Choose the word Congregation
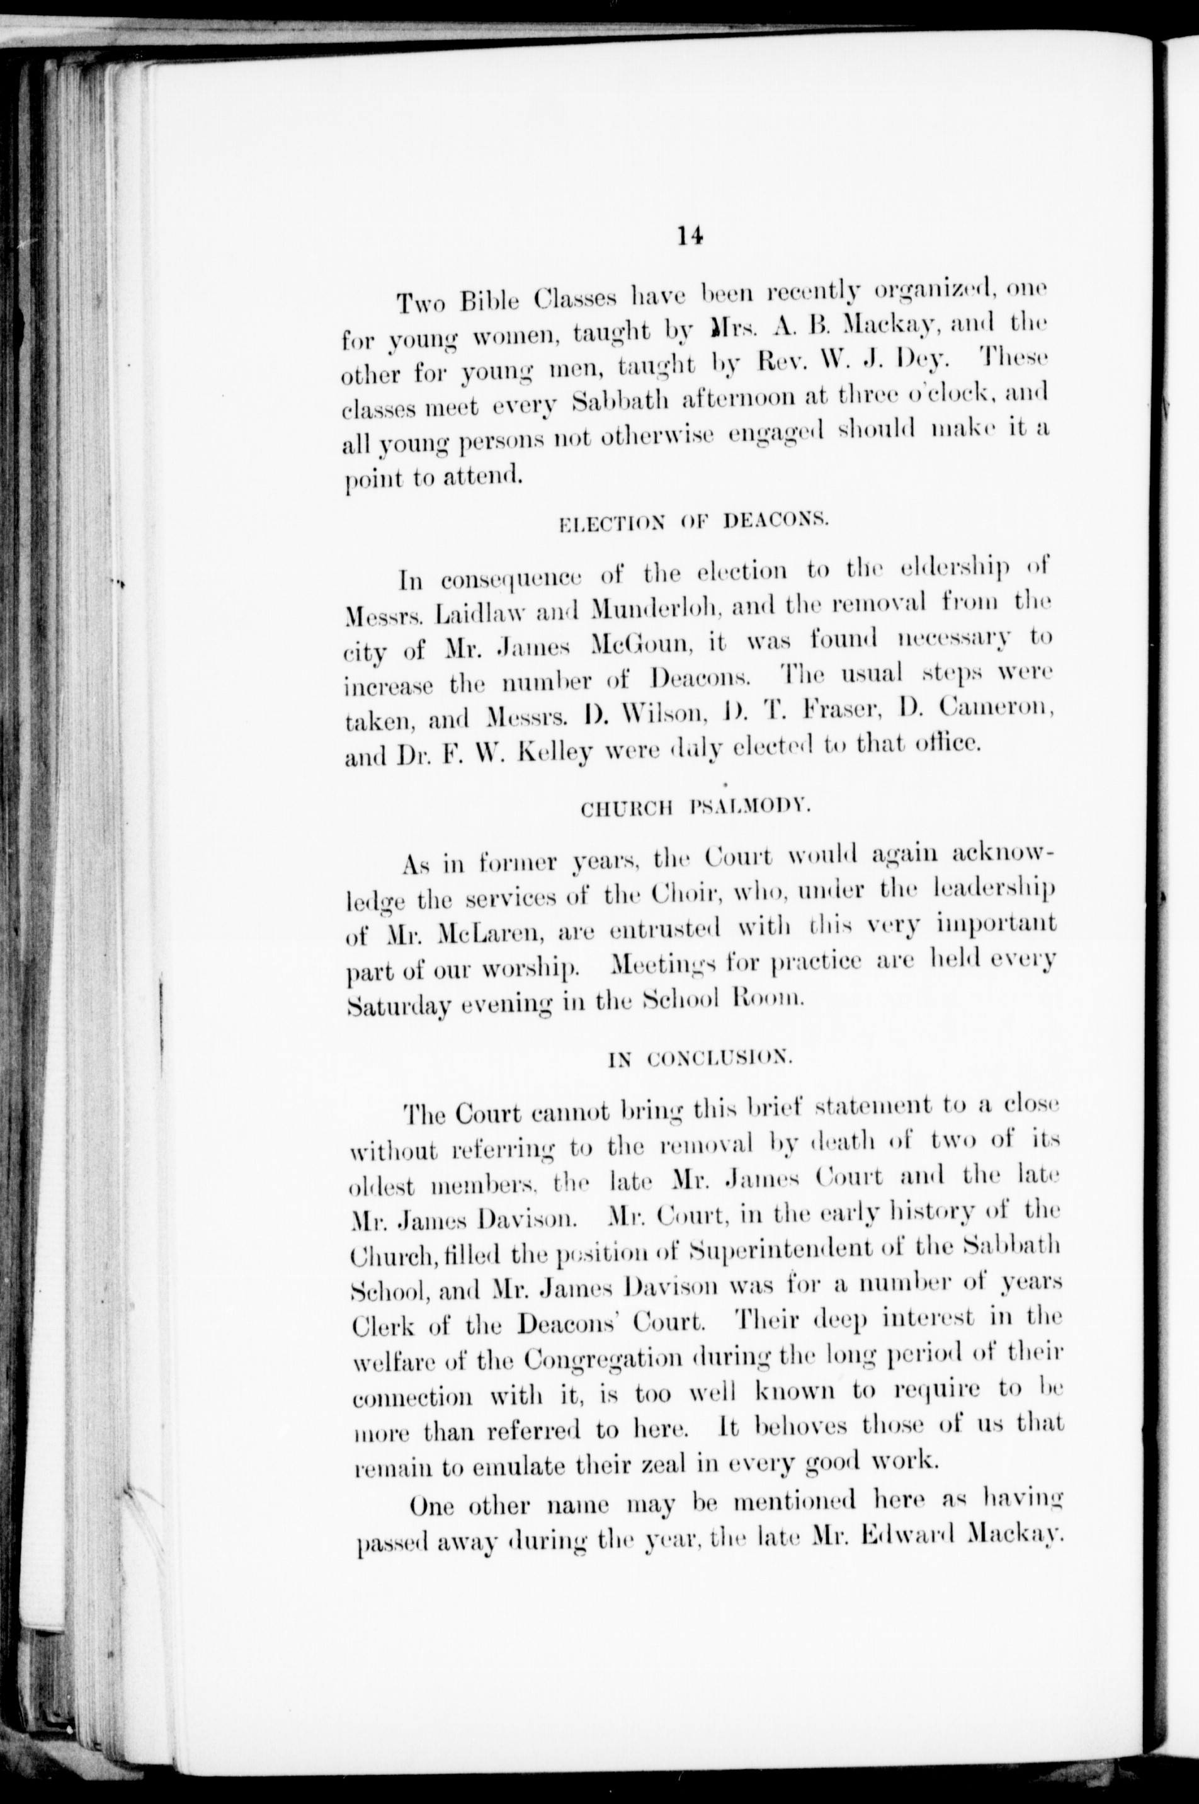tap(603, 1361)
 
